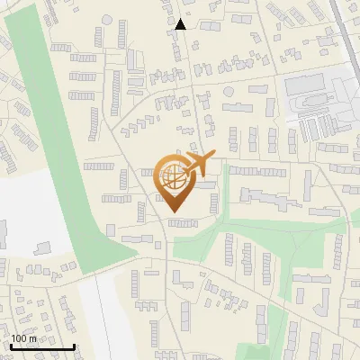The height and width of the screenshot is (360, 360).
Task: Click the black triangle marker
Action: (181, 24)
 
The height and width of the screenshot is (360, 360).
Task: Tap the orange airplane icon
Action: (198, 166)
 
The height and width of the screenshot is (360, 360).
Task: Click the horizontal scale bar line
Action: (42, 346)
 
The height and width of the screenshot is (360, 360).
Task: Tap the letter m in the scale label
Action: (33, 338)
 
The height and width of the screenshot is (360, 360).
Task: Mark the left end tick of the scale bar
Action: (11, 345)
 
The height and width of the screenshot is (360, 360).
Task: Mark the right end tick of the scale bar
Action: (74, 345)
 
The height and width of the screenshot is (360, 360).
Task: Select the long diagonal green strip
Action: (63, 135)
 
